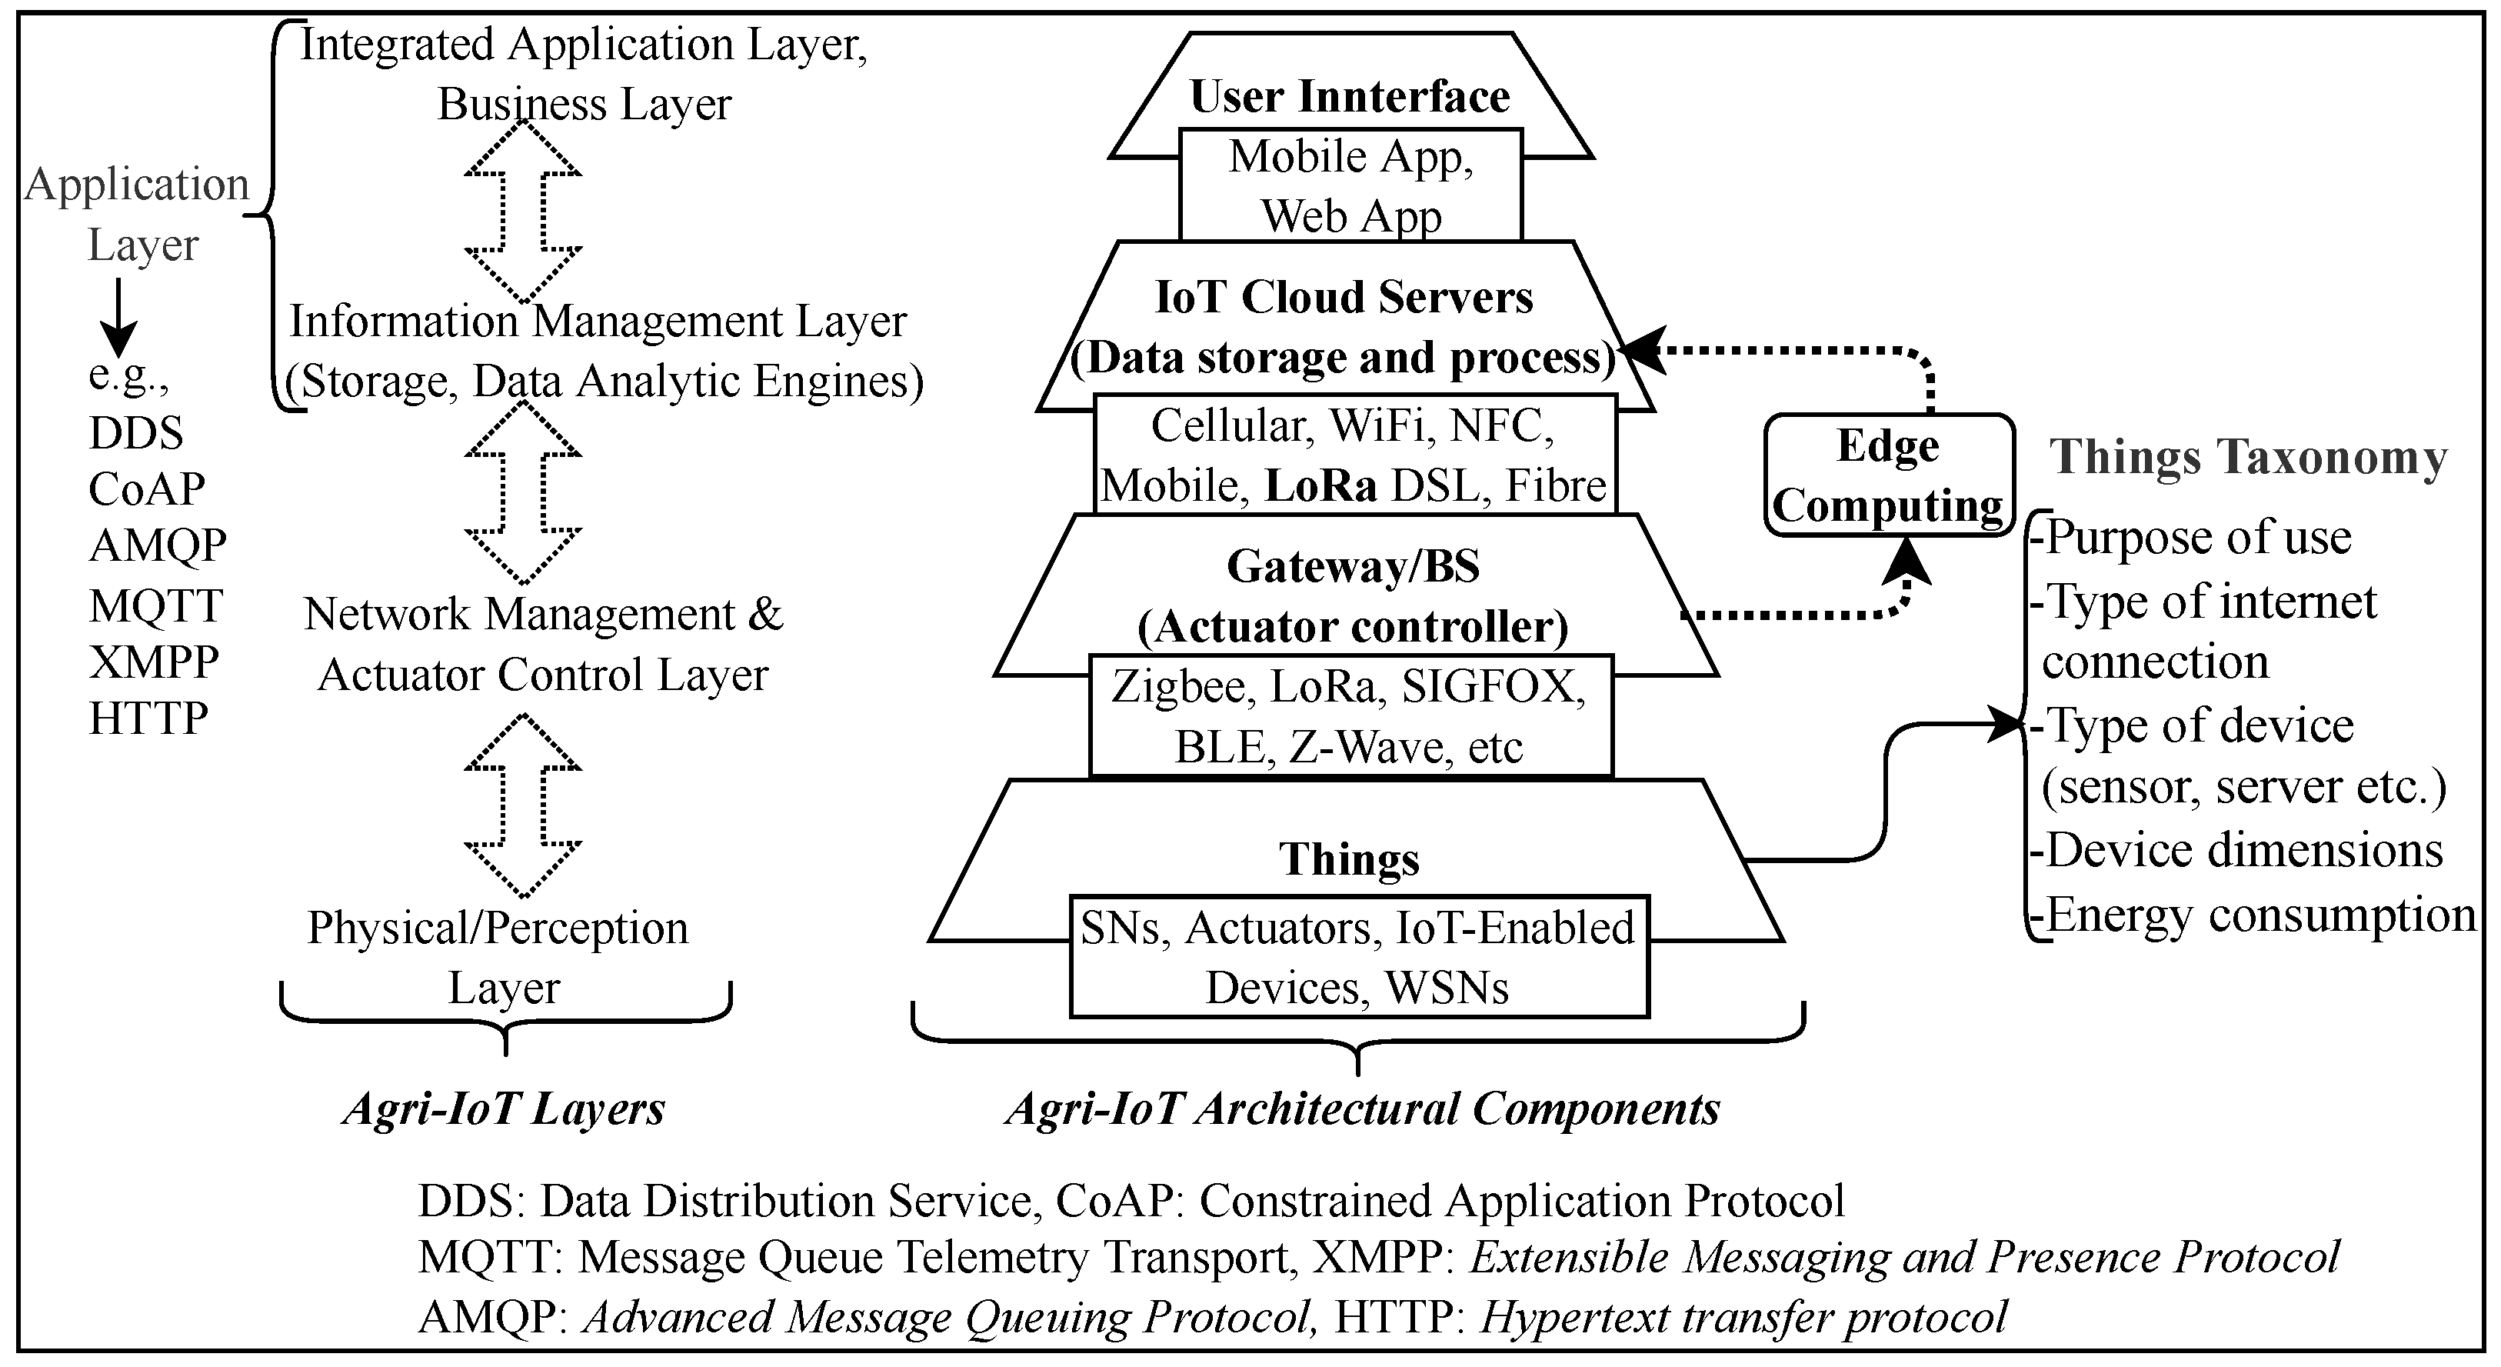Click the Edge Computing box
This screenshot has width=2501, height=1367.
(1887, 475)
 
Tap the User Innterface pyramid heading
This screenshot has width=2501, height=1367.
(1350, 97)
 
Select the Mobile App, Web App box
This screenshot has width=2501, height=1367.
(1350, 185)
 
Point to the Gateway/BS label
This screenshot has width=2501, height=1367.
(1354, 567)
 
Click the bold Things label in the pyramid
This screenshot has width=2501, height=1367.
(1349, 859)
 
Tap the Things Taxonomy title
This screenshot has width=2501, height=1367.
(2248, 457)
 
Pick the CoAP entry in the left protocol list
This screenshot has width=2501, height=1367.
(147, 489)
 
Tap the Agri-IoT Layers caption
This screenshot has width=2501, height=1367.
(504, 1109)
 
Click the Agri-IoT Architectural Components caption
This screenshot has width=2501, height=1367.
(1362, 1109)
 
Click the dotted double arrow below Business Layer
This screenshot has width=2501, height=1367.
(522, 211)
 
